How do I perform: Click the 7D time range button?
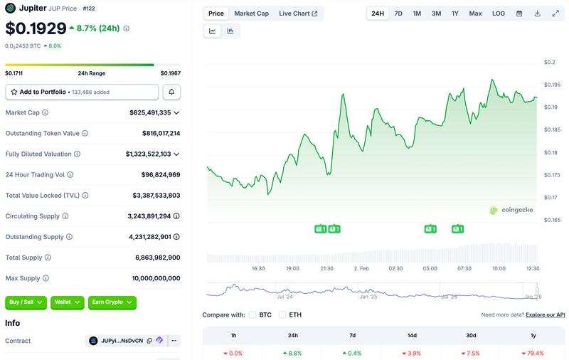click(x=398, y=14)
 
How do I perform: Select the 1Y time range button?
click(x=455, y=14)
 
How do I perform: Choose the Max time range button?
click(x=475, y=14)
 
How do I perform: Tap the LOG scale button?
click(x=499, y=14)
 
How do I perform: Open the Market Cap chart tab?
click(x=252, y=14)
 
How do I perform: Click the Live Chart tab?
click(x=298, y=14)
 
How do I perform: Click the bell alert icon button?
click(x=171, y=92)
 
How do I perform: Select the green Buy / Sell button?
click(x=26, y=302)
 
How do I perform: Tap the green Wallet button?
click(x=68, y=302)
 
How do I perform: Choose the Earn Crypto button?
click(x=112, y=302)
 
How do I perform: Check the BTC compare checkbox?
click(x=252, y=314)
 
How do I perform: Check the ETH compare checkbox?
click(x=282, y=314)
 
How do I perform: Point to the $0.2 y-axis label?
click(x=550, y=63)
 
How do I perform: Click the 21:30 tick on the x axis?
click(x=326, y=269)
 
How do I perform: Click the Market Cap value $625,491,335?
click(x=150, y=112)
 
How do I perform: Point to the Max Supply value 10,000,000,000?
click(x=156, y=278)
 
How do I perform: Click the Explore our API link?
click(x=546, y=314)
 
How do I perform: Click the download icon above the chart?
click(x=538, y=14)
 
